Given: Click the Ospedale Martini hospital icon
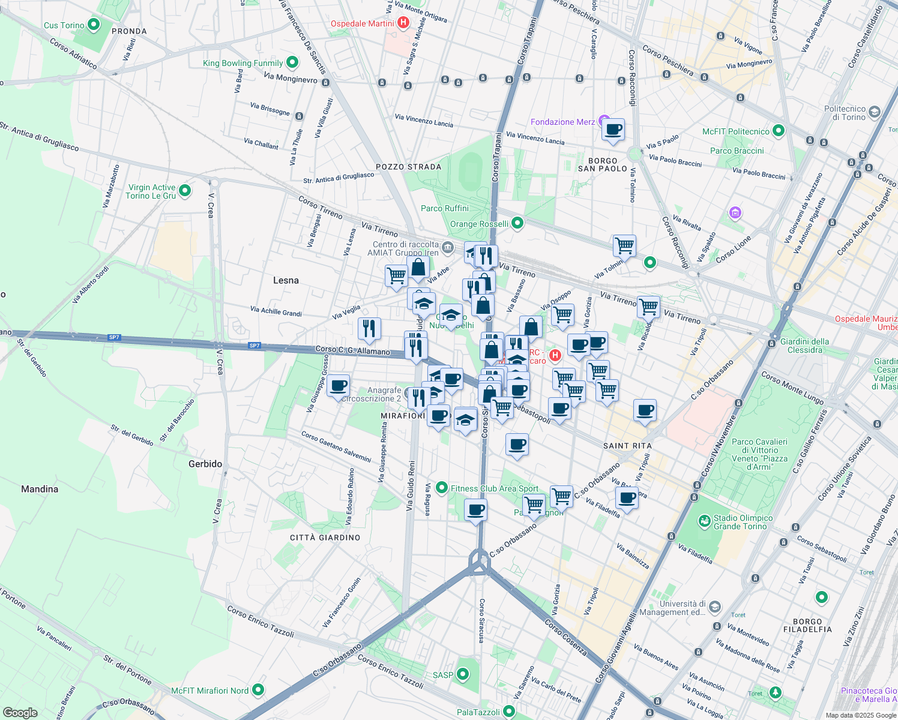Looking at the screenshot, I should click(x=403, y=23).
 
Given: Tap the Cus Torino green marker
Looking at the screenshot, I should click(x=94, y=25).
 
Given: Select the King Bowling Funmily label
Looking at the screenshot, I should click(x=243, y=63).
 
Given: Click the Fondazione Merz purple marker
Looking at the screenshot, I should click(x=604, y=122).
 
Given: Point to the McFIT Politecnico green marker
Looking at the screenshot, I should click(x=779, y=131).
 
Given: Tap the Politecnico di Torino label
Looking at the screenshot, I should click(x=845, y=113).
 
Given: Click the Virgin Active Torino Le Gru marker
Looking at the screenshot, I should click(x=185, y=191).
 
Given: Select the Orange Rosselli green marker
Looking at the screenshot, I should click(x=517, y=223).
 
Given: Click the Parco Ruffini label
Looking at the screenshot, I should click(x=445, y=208).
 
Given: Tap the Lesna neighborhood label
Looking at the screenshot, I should click(x=286, y=280).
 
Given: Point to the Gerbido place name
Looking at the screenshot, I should click(x=205, y=464).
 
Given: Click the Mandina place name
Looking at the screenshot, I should click(x=40, y=489).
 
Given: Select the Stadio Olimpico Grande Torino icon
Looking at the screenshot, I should click(x=704, y=521).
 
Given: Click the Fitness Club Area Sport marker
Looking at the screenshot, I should click(x=442, y=488).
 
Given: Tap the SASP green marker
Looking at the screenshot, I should click(x=462, y=674).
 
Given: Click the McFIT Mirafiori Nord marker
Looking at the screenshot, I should click(x=258, y=690).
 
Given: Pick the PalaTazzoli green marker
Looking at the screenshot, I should click(x=509, y=712).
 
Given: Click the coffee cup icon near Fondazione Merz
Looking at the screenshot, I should click(x=613, y=130).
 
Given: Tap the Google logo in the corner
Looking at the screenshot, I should click(x=20, y=712).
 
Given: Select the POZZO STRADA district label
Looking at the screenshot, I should click(x=408, y=167).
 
